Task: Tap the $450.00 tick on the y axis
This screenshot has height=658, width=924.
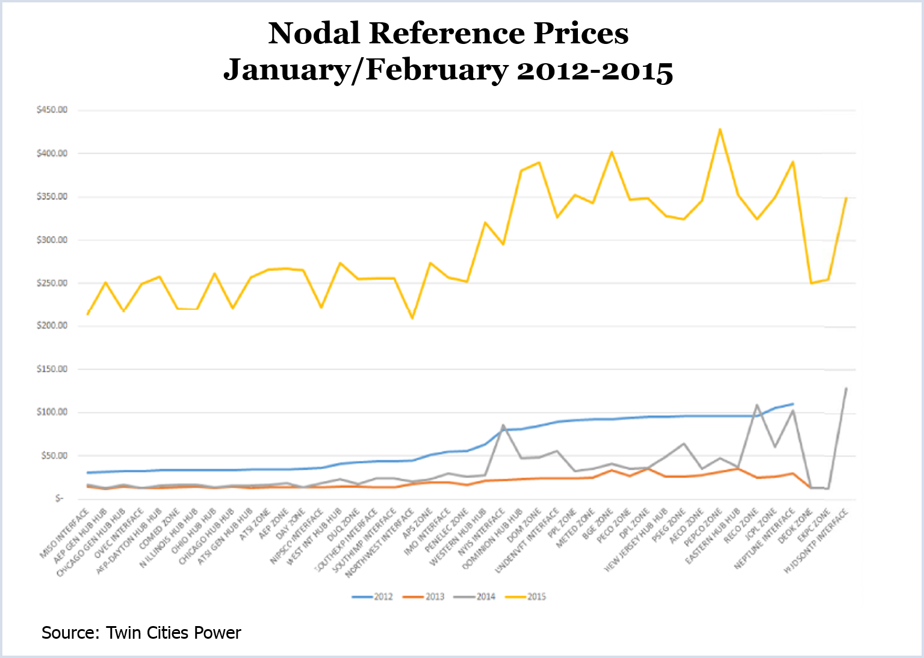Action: click(52, 110)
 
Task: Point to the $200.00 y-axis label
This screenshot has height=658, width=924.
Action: click(52, 326)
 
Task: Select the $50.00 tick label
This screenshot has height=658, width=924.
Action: click(54, 456)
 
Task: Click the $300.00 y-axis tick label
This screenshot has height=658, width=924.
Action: click(52, 240)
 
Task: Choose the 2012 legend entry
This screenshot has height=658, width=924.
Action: click(373, 597)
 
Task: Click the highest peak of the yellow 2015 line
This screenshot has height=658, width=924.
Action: click(719, 129)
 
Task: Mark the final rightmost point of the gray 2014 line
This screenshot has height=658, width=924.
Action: click(846, 388)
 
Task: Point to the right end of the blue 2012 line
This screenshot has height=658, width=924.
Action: click(793, 404)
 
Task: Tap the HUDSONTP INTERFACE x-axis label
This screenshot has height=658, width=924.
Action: click(817, 541)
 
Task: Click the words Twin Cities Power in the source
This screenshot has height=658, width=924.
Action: click(173, 633)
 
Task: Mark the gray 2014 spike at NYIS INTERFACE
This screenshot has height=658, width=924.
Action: click(503, 425)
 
